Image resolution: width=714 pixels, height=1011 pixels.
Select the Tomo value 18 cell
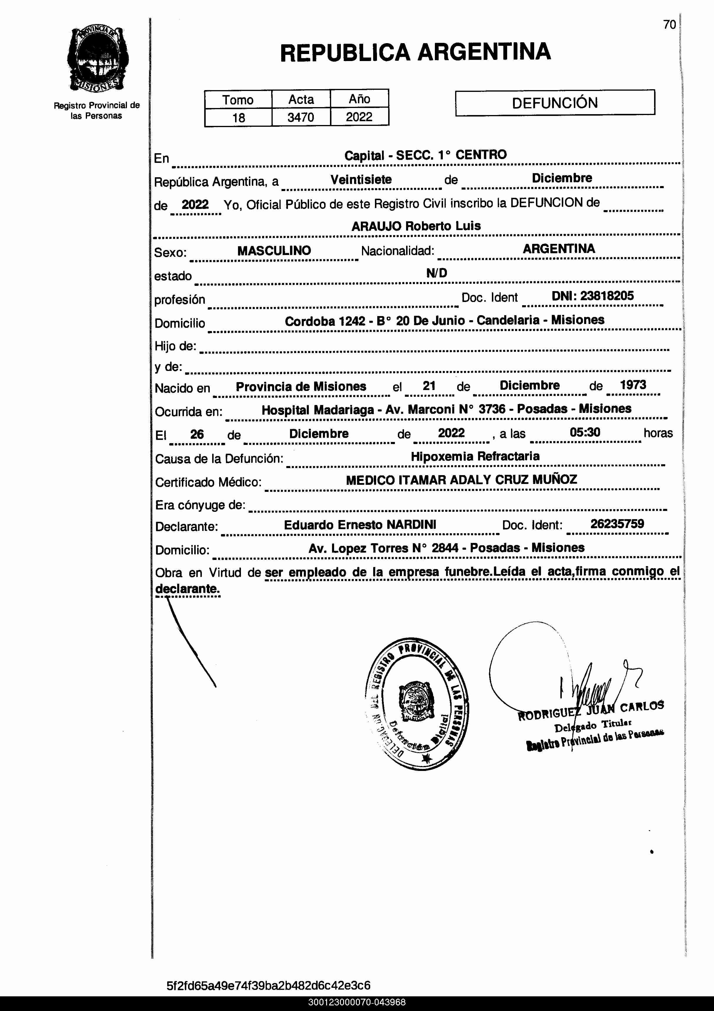(x=239, y=118)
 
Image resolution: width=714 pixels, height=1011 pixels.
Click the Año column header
(x=359, y=99)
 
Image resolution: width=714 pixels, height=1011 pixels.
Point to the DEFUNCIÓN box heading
(x=555, y=103)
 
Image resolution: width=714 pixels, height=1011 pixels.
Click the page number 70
(x=669, y=25)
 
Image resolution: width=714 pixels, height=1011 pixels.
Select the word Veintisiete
(x=361, y=180)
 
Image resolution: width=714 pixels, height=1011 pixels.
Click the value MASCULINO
(x=274, y=251)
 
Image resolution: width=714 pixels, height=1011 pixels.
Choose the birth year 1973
(x=633, y=385)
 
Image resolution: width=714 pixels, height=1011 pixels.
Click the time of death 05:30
(x=585, y=432)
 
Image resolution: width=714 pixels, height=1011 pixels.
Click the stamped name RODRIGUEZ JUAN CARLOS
(x=591, y=710)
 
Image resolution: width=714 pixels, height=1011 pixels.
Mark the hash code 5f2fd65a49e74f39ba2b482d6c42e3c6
(x=269, y=985)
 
